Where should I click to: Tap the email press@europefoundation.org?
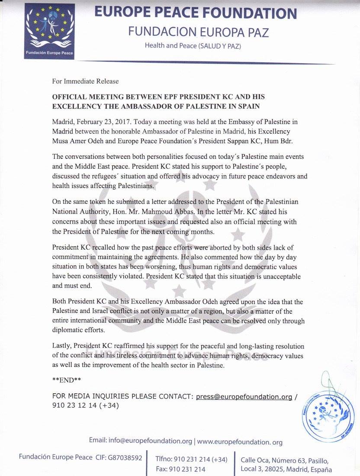[x=244, y=396]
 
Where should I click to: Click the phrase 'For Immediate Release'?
[x=85, y=81]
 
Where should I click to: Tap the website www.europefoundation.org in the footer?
[x=240, y=442]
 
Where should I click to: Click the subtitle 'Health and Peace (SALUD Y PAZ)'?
[x=193, y=45]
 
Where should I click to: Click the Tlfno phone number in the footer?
[x=191, y=459]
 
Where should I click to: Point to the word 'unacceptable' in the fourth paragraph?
[x=270, y=276]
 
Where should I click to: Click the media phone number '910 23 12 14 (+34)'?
[x=85, y=406]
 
